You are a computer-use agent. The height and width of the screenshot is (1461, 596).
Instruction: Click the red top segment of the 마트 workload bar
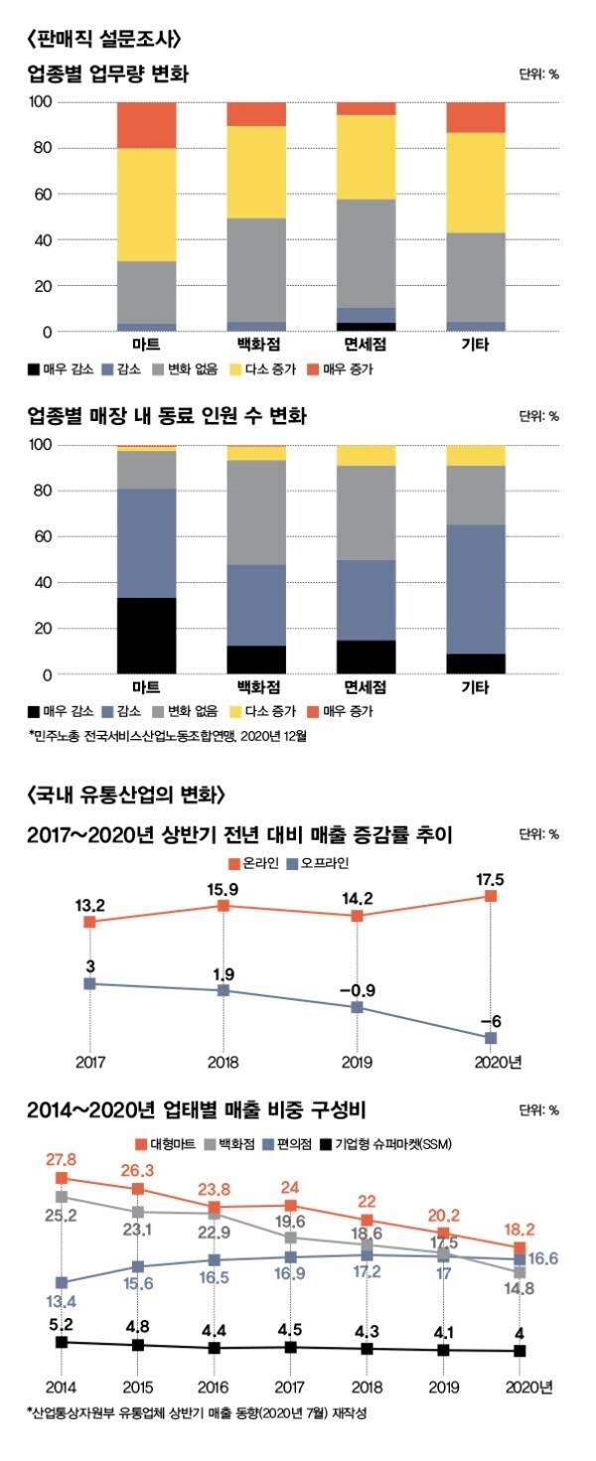pyautogui.click(x=146, y=125)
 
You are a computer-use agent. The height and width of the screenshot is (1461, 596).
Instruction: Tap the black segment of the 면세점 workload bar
pyautogui.click(x=366, y=327)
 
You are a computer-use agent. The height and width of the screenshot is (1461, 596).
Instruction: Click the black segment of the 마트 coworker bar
pyautogui.click(x=146, y=636)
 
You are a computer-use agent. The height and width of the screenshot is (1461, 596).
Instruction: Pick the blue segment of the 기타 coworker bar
pyautogui.click(x=476, y=589)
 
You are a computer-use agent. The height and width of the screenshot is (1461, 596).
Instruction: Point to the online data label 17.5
pyautogui.click(x=490, y=878)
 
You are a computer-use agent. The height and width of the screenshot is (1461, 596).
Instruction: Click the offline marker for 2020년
pyautogui.click(x=491, y=1038)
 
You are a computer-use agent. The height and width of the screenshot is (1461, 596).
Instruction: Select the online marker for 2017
pyautogui.click(x=89, y=922)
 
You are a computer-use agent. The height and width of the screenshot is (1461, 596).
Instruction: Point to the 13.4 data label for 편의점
pyautogui.click(x=62, y=1297)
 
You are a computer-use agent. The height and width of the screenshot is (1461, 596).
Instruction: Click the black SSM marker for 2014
pyautogui.click(x=62, y=1342)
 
